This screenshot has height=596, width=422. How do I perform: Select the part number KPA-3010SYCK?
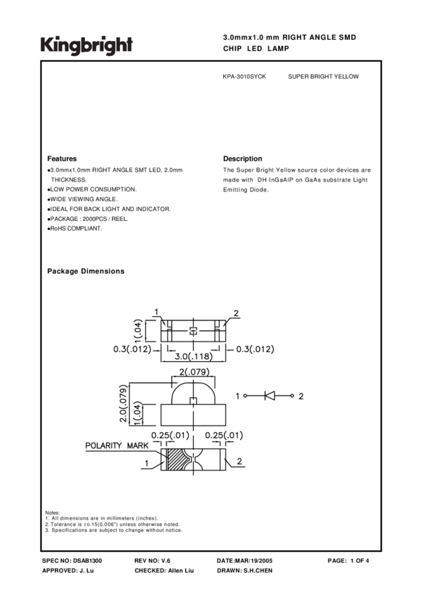coord(244,76)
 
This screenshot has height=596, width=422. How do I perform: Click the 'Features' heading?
coord(62,159)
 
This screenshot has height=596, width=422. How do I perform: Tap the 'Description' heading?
coord(242,159)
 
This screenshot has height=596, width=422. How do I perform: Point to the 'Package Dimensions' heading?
coord(86,271)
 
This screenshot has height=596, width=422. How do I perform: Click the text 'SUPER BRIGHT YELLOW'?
coord(323,76)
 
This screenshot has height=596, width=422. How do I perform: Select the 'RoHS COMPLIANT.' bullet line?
coord(75,229)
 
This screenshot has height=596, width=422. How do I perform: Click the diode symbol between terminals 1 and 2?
coord(270,396)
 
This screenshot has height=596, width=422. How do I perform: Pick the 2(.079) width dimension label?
coord(192,371)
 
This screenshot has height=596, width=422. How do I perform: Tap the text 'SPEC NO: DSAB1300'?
coord(72,562)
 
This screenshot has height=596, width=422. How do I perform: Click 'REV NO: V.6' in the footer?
coord(152,562)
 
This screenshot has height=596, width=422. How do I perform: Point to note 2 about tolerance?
coord(112,524)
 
